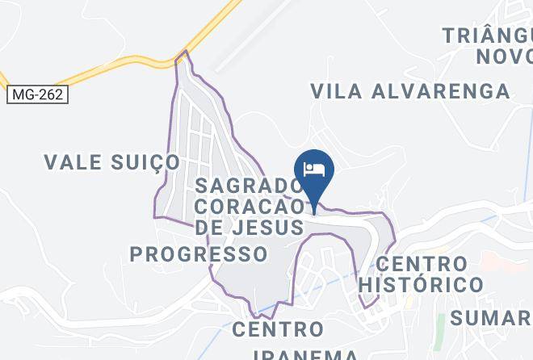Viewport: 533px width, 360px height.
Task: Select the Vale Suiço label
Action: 111,162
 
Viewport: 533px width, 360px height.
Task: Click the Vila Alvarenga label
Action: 410,90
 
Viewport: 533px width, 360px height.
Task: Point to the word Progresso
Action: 199,254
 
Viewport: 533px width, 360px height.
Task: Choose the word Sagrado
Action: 248,186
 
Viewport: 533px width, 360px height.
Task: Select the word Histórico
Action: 421,284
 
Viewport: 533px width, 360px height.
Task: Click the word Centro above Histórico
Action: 422,264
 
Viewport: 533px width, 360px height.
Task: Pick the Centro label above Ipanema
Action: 278,329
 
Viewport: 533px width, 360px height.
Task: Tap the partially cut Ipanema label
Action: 305,354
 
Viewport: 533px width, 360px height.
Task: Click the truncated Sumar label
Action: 490,317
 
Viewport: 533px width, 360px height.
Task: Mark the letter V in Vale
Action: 51,162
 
